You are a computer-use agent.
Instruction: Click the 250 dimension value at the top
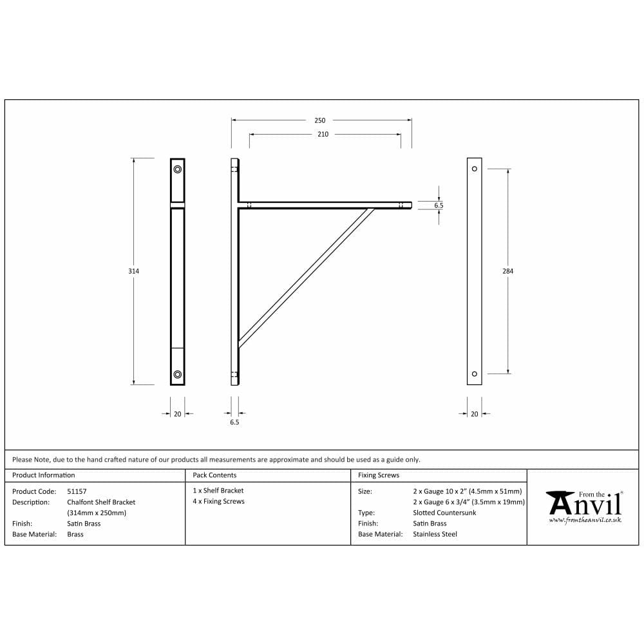[320, 120]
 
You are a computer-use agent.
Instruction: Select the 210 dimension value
[323, 135]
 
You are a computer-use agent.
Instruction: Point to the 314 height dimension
[133, 271]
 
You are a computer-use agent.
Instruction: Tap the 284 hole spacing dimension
[507, 271]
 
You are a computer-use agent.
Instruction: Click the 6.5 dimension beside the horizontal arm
[439, 205]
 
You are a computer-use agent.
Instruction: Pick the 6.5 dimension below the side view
[234, 422]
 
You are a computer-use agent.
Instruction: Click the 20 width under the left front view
[177, 414]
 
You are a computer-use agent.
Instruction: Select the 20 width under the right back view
[475, 414]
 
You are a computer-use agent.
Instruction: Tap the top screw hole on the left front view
[177, 169]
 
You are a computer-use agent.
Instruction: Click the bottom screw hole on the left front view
[177, 374]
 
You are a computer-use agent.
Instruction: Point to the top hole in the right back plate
[475, 169]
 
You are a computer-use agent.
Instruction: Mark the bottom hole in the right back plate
[475, 374]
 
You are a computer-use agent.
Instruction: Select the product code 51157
[77, 491]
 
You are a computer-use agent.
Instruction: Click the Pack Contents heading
[214, 475]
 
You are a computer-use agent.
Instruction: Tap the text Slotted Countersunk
[444, 513]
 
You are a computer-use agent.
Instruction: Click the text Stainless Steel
[435, 534]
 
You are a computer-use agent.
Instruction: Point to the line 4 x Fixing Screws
[219, 502]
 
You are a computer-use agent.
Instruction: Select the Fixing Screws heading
[379, 475]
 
